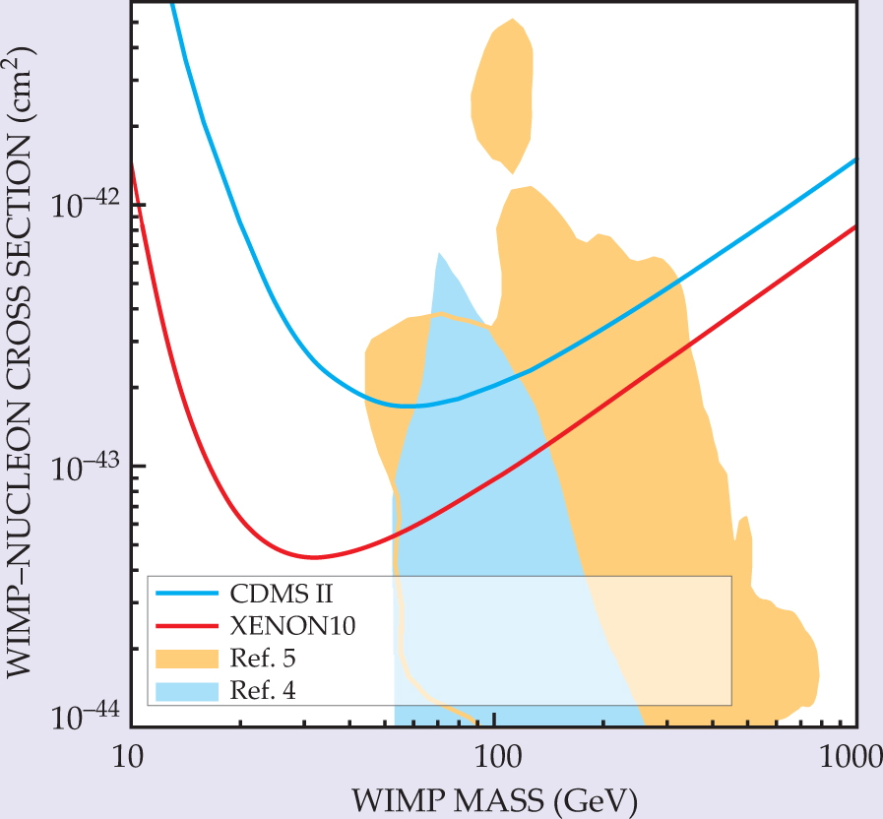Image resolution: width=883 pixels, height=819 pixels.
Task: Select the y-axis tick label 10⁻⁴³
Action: tap(83, 467)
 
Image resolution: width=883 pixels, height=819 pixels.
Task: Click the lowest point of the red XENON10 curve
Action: tap(313, 557)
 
